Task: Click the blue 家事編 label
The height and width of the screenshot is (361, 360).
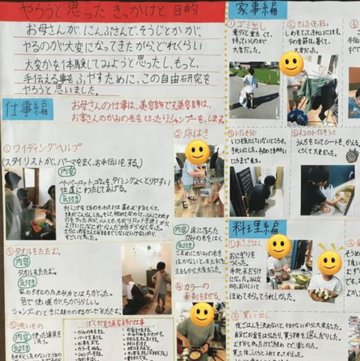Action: tap(257, 9)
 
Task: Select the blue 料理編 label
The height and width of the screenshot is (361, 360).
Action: tap(257, 228)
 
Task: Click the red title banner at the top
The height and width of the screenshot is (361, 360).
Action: tap(113, 11)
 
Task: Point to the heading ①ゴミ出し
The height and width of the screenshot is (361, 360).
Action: tap(246, 24)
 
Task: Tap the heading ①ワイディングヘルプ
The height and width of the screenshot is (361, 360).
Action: tap(42, 148)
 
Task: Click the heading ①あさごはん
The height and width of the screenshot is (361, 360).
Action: tap(246, 244)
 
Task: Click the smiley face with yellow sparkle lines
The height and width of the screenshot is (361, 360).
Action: tap(329, 262)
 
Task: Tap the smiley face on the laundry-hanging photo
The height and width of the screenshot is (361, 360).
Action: tap(291, 63)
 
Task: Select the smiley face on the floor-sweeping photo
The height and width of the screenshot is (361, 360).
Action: tap(197, 152)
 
